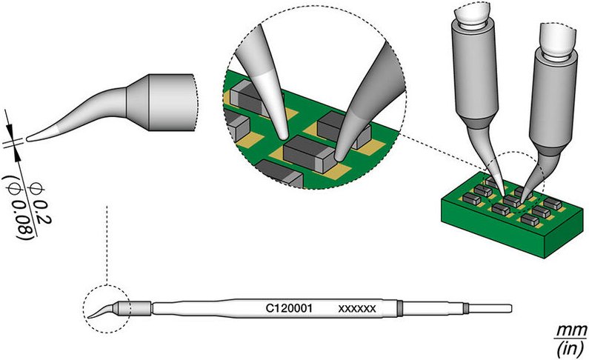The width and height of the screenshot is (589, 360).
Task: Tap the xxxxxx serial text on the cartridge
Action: (x=358, y=307)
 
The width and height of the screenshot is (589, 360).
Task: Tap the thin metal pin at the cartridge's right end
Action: (x=489, y=307)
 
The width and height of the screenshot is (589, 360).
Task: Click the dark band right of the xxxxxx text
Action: (x=401, y=307)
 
